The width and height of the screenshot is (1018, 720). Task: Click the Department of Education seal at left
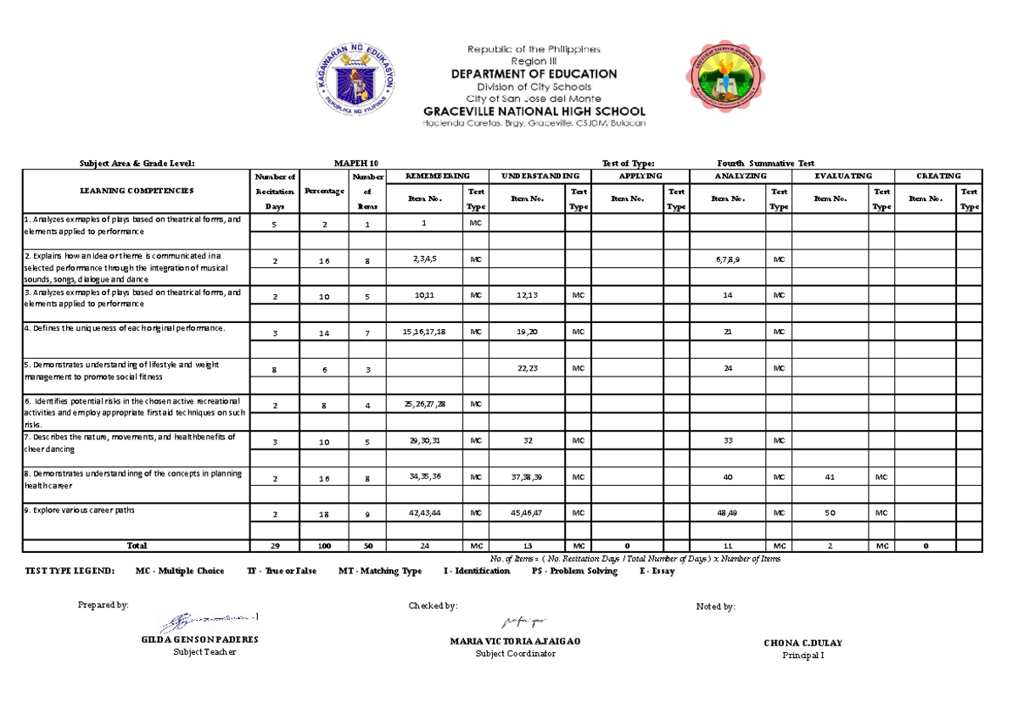[x=357, y=83]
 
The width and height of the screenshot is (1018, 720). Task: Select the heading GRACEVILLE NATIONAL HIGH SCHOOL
[x=534, y=111]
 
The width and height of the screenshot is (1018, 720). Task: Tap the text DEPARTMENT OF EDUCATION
[x=534, y=74]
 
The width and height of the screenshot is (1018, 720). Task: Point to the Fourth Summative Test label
[x=765, y=163]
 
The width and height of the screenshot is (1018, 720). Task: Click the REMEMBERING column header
[x=437, y=176]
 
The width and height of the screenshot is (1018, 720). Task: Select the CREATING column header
[x=939, y=176]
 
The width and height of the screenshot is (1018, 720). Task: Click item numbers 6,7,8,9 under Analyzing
[x=728, y=260]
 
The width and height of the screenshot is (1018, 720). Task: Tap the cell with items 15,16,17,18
[x=425, y=332]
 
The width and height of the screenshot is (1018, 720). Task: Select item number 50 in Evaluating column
[x=831, y=513]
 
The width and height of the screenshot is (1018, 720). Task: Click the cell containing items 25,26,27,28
[x=425, y=405]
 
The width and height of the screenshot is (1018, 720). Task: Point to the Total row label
[x=137, y=545]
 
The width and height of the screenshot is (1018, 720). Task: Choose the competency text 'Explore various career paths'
[x=80, y=511]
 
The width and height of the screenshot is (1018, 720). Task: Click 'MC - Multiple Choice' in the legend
[x=180, y=572]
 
